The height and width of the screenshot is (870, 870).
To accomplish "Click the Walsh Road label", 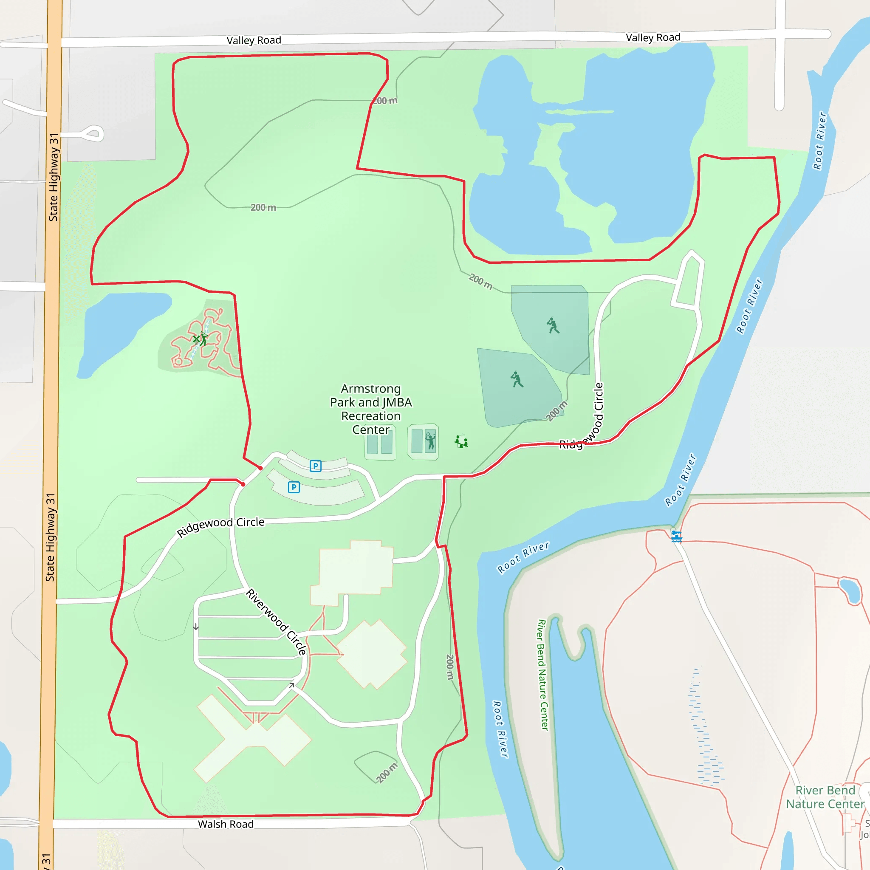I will pyautogui.click(x=226, y=824).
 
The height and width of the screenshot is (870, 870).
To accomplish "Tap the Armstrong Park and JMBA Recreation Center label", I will pyautogui.click(x=370, y=409).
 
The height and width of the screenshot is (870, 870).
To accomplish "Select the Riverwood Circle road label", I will pyautogui.click(x=276, y=621).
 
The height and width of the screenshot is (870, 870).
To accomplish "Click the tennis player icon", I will pyautogui.click(x=430, y=441).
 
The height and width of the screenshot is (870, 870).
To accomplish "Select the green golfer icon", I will pyautogui.click(x=204, y=338).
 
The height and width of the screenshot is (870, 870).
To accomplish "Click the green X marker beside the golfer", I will pyautogui.click(x=196, y=339).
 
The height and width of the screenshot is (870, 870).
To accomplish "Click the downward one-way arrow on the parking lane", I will pyautogui.click(x=196, y=627).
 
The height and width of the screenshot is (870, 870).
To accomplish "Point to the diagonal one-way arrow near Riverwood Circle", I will pyautogui.click(x=292, y=685).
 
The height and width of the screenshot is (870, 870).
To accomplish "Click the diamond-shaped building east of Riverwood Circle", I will pyautogui.click(x=372, y=654).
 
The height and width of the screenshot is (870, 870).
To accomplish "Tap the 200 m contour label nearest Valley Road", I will pyautogui.click(x=385, y=101).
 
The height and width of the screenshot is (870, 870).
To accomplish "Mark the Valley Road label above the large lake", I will pyautogui.click(x=652, y=37).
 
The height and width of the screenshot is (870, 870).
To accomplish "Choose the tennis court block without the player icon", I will pyautogui.click(x=380, y=442).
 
